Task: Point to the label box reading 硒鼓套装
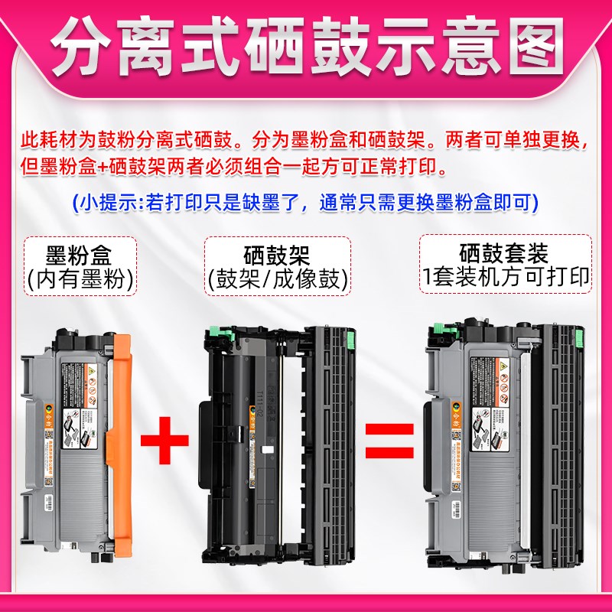tap(505, 264)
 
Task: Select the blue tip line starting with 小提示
tap(305, 203)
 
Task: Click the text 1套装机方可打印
tap(505, 278)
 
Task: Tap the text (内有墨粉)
tap(79, 279)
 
